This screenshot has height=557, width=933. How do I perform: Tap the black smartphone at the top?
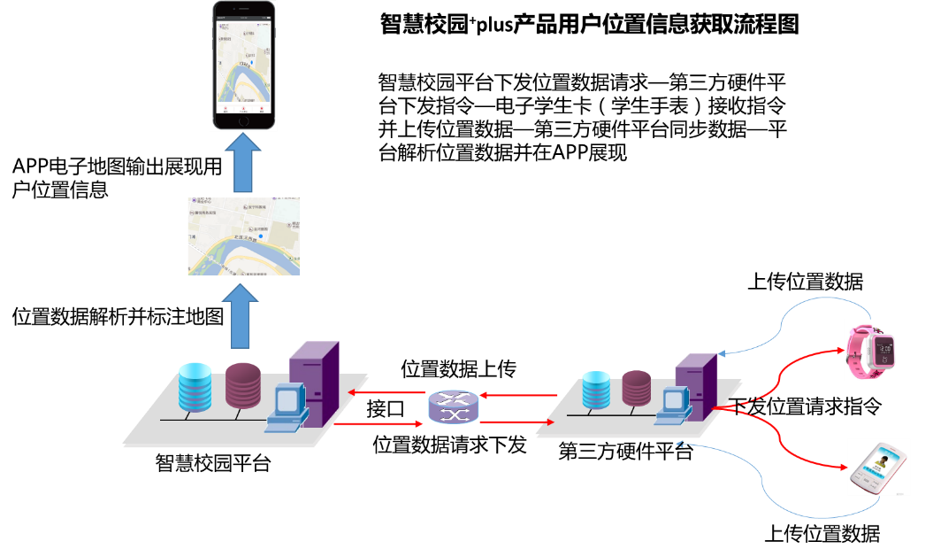244,66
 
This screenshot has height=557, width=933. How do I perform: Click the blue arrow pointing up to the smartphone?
243,164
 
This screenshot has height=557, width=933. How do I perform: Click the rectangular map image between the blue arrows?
243,236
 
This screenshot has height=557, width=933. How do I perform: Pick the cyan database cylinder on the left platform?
195,388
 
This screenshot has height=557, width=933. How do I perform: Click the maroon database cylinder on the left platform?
243,385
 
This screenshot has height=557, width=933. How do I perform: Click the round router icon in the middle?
453,406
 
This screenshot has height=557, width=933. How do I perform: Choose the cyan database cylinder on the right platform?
596,391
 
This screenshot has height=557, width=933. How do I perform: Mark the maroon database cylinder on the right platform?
636,388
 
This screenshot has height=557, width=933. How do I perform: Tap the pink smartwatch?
870,350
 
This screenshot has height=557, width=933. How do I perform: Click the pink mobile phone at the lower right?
878,468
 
